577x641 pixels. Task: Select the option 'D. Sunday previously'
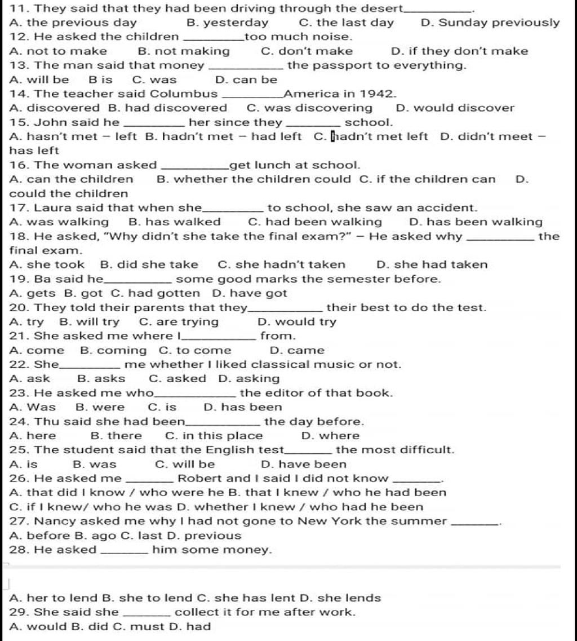490,23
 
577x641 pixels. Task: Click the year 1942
376,94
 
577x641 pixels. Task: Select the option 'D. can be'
246,79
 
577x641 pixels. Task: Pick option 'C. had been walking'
314,222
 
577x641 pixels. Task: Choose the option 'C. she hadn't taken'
281,264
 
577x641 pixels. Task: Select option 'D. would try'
296,322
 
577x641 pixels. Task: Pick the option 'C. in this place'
214,436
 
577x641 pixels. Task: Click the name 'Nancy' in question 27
52,521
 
